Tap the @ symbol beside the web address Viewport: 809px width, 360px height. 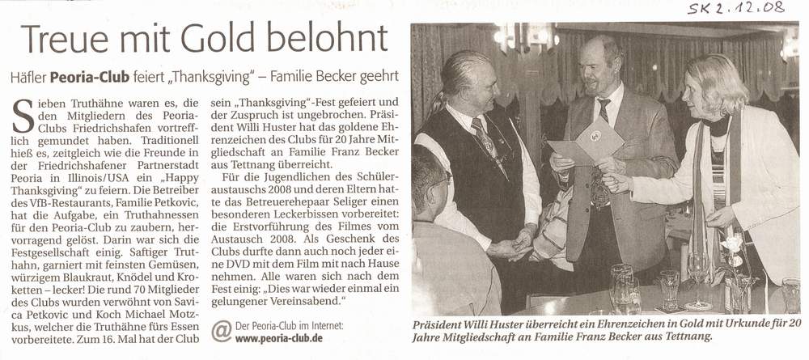pyautogui.click(x=220, y=330)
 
